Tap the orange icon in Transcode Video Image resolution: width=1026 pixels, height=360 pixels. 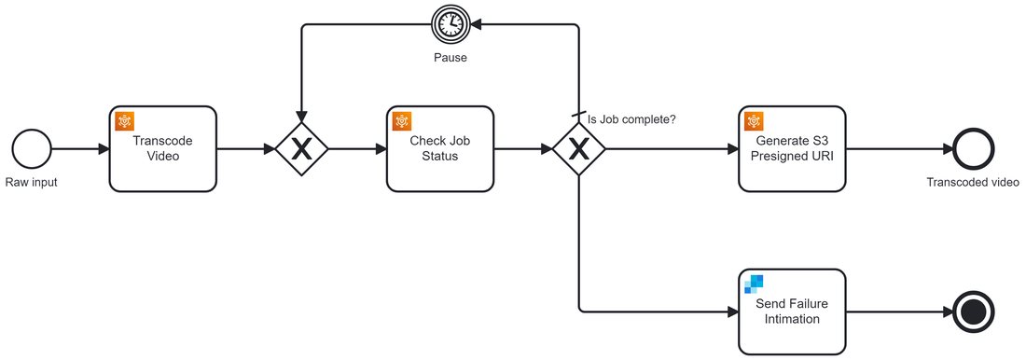tap(125, 121)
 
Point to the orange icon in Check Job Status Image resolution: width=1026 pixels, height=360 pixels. tap(402, 121)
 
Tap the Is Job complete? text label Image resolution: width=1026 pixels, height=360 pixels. tap(631, 119)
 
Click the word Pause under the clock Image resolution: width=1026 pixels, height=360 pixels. tap(450, 58)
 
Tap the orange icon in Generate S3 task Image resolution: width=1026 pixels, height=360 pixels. tap(754, 121)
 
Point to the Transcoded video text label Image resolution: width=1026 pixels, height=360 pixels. tap(973, 183)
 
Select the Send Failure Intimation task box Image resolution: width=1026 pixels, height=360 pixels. tap(792, 312)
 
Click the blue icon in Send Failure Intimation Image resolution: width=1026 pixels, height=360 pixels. tap(754, 284)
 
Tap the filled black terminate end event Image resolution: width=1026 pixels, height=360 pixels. tap(974, 312)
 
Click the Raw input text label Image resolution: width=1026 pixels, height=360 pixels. tap(32, 183)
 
